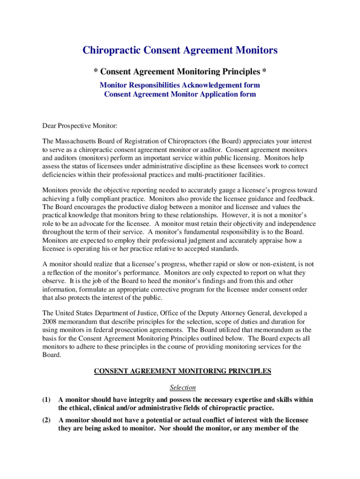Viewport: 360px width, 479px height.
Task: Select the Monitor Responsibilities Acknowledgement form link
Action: [180, 85]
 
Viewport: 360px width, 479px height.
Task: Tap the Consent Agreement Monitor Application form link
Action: [180, 94]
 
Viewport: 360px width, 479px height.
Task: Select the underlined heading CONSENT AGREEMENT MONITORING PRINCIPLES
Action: [182, 371]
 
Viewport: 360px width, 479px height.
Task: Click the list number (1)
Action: [46, 399]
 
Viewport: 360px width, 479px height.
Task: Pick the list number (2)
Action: [46, 420]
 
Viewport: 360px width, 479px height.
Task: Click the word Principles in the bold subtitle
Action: [236, 72]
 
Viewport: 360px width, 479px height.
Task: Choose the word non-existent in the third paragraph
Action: [281, 264]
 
